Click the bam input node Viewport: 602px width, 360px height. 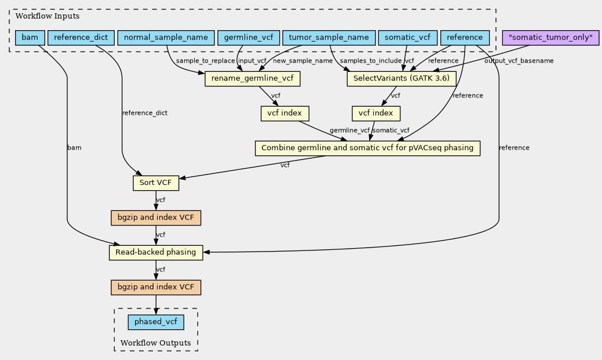pos(29,38)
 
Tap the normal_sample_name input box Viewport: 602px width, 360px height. pos(166,38)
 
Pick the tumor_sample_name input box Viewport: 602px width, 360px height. pos(329,38)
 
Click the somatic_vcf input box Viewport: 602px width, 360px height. pos(407,38)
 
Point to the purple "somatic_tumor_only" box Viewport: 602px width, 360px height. pos(550,38)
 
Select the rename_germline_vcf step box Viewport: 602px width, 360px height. pos(252,79)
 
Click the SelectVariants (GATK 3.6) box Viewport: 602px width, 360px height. pos(402,79)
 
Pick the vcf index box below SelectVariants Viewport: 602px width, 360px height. pos(375,113)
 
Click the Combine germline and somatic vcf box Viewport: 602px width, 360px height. pos(368,148)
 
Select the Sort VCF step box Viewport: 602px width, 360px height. pos(156,183)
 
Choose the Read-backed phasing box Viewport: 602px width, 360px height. pos(155,253)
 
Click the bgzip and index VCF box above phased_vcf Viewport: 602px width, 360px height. pos(155,288)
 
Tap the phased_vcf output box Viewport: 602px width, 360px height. pos(155,322)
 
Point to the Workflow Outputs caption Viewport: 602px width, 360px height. pos(155,343)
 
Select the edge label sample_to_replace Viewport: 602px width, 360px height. pos(206,61)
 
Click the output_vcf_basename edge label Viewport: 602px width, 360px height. pos(519,61)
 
